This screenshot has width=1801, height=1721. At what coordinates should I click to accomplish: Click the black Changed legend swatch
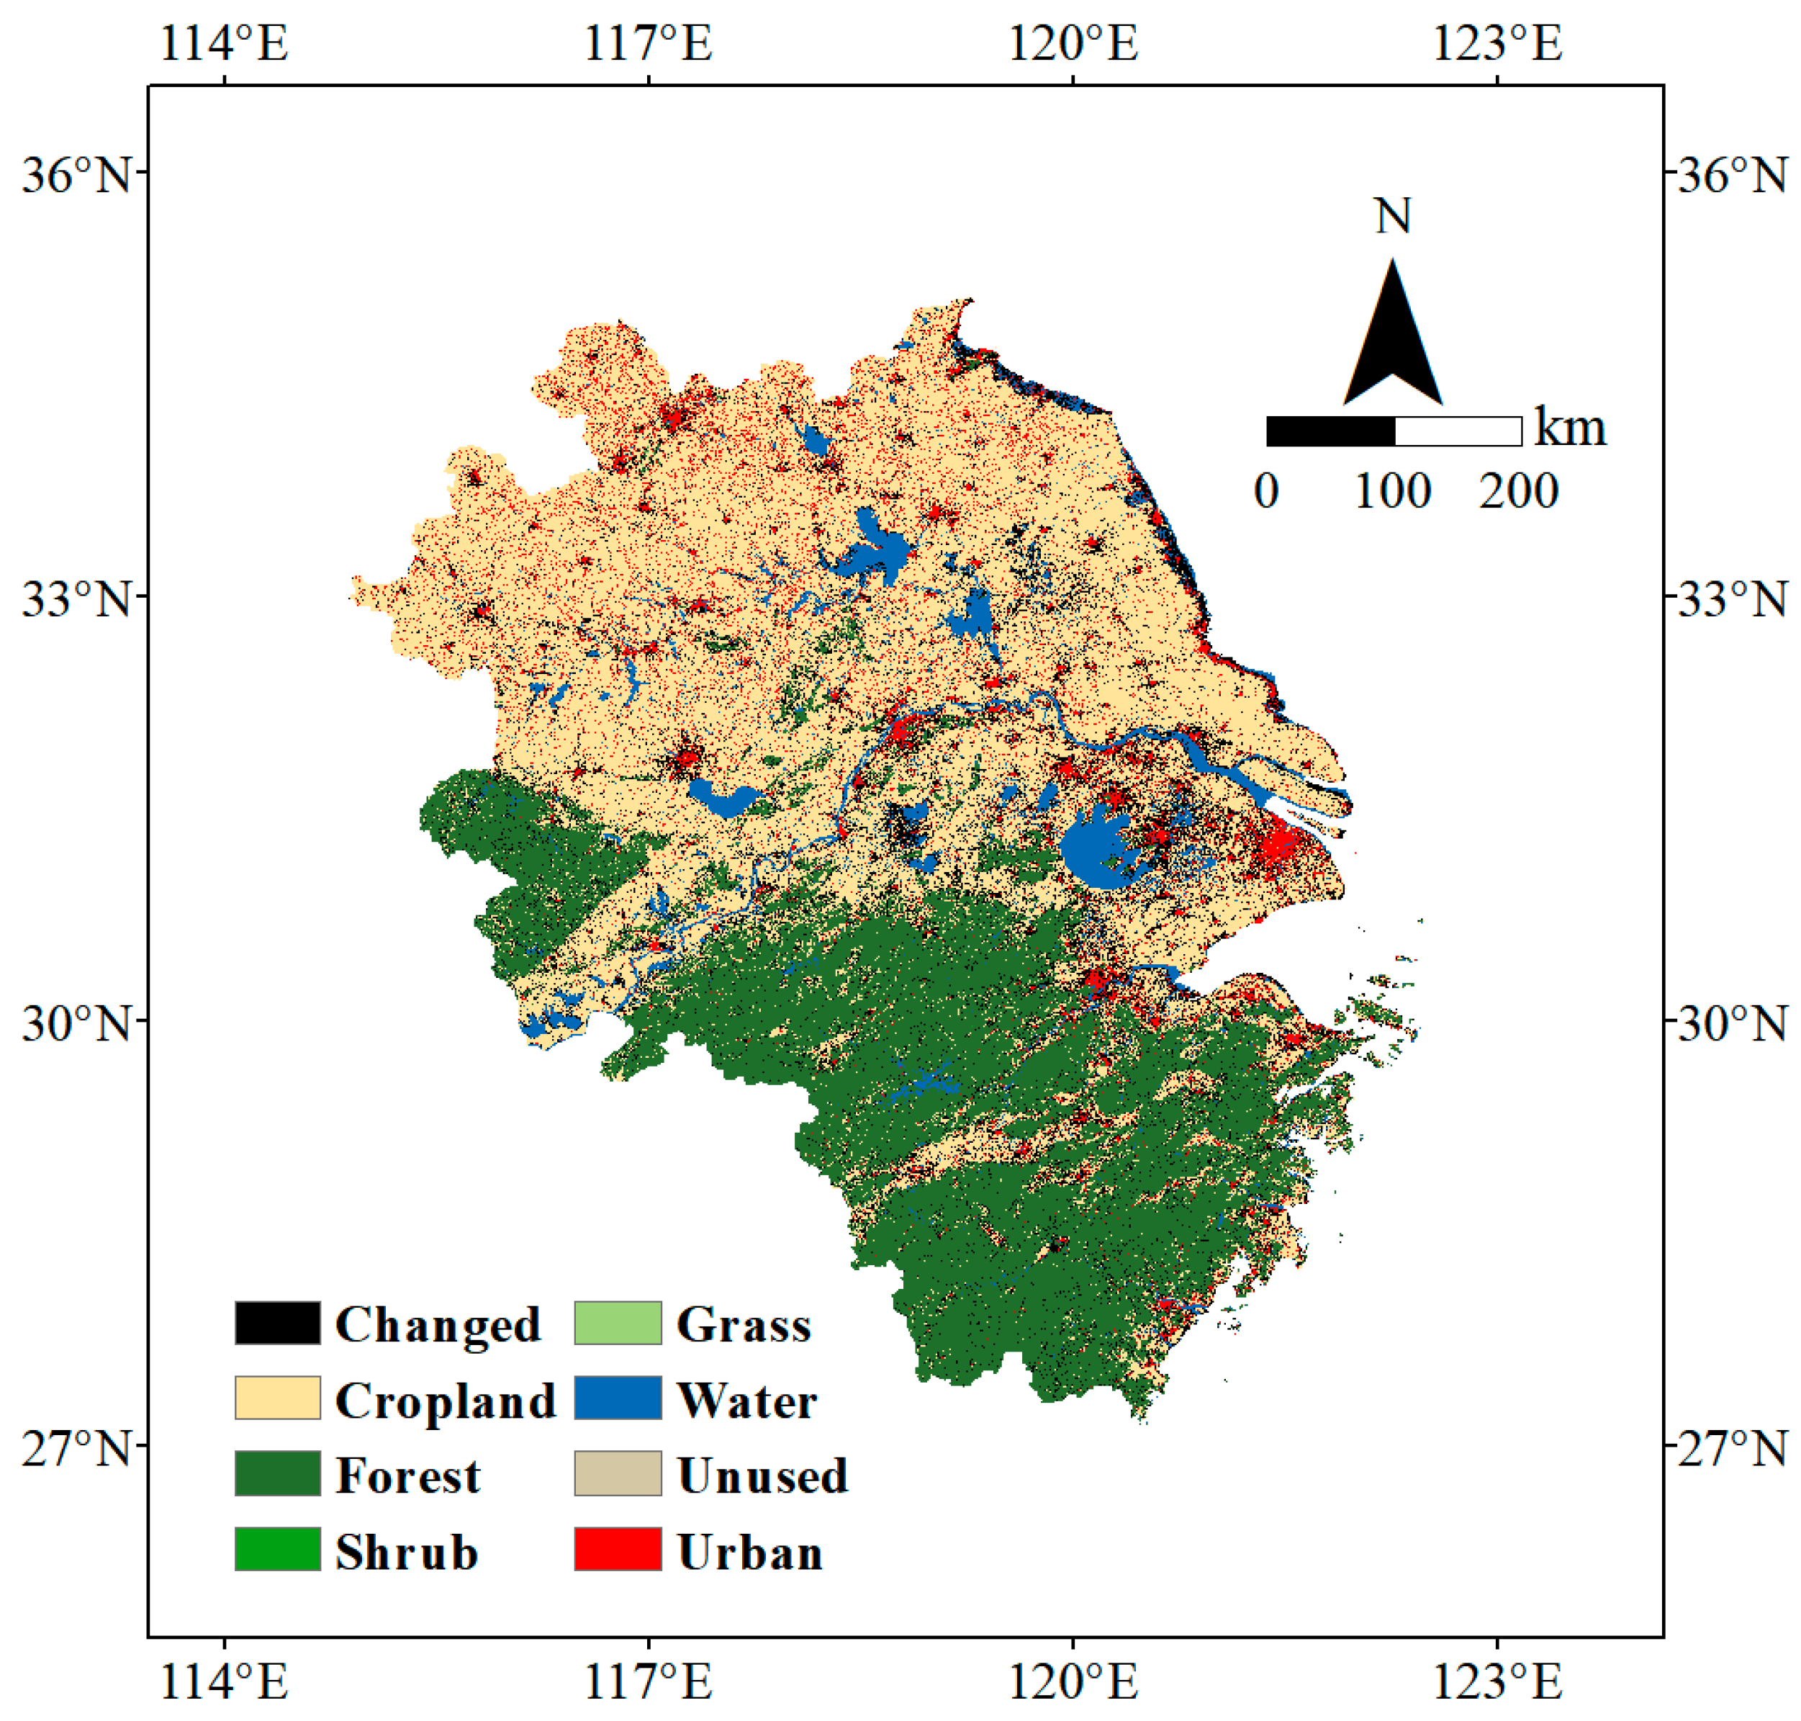click(x=277, y=1323)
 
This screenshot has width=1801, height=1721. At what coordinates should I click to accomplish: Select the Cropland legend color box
click(x=277, y=1398)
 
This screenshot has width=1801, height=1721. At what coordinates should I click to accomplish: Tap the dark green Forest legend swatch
click(x=277, y=1473)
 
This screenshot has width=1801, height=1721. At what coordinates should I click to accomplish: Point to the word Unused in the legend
click(x=762, y=1476)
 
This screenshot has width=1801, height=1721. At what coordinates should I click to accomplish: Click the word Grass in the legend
click(x=744, y=1326)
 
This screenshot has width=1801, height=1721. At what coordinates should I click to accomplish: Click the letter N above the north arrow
click(x=1392, y=217)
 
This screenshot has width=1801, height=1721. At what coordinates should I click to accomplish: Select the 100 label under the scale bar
click(x=1392, y=492)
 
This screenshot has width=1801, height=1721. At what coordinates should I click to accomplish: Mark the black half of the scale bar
click(x=1330, y=431)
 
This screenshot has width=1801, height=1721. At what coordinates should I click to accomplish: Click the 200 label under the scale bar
click(x=1517, y=492)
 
